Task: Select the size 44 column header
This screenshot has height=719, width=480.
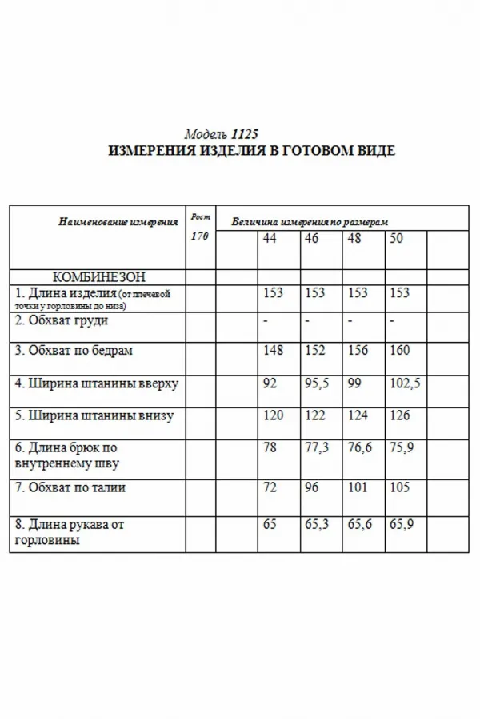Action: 270,240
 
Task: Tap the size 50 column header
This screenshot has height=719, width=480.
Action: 396,240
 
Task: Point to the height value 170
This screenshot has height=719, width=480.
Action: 199,237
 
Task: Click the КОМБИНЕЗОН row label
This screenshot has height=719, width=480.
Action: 99,277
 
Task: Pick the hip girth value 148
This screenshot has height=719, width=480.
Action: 273,349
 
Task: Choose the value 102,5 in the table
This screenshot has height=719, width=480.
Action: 405,383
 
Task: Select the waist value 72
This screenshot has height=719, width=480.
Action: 269,487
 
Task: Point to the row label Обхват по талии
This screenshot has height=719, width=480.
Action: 71,487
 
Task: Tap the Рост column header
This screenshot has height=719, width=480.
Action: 199,216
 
